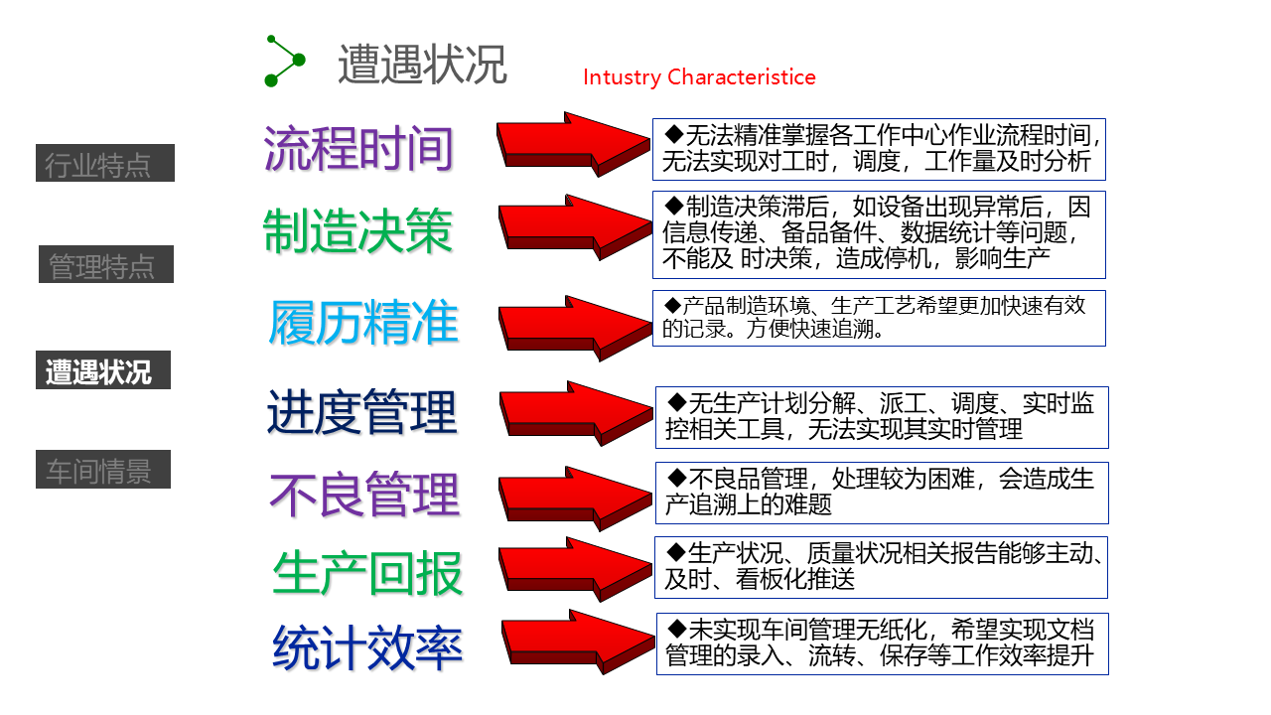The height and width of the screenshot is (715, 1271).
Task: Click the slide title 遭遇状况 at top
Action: (x=422, y=65)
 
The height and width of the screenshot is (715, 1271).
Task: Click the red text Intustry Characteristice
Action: (x=699, y=77)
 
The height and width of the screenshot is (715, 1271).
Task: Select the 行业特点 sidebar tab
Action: (x=105, y=164)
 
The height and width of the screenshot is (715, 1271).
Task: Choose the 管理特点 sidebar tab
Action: (x=105, y=265)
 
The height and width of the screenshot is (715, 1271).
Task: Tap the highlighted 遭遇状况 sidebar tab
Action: (x=103, y=370)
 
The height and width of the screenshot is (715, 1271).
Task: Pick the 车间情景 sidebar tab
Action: (x=103, y=470)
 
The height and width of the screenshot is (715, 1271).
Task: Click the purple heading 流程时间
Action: (x=358, y=149)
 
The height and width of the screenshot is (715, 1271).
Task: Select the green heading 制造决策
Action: (x=357, y=231)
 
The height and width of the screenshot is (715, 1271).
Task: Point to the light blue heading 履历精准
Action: (x=363, y=323)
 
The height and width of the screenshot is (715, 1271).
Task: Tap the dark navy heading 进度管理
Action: (x=361, y=411)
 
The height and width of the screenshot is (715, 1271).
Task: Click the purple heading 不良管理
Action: (x=364, y=495)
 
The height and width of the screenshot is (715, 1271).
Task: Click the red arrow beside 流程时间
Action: (x=574, y=145)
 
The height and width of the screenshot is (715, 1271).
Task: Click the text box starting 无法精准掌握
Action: (x=879, y=149)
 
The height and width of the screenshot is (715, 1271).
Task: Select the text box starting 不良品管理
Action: (x=882, y=493)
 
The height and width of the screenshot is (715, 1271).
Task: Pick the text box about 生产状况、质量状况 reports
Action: (x=882, y=567)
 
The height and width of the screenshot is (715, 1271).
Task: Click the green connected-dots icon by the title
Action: (x=284, y=61)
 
